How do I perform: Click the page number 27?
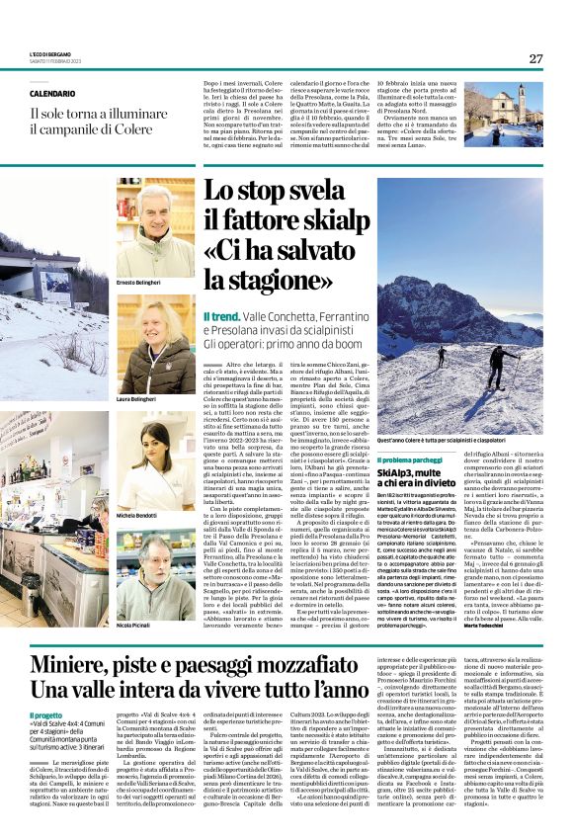click(x=535, y=58)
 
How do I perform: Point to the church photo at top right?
click(x=504, y=114)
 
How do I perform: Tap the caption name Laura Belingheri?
click(x=137, y=398)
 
